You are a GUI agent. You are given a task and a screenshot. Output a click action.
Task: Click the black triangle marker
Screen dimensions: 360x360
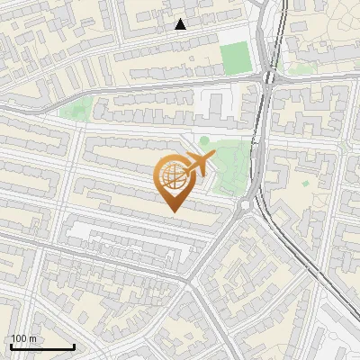pos(181,24)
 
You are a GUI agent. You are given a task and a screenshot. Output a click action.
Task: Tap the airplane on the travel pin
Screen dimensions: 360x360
pos(196,166)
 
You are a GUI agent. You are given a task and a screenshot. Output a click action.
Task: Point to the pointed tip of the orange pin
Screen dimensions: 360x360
pos(172,211)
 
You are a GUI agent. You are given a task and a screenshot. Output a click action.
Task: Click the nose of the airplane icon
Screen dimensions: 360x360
pos(213,156)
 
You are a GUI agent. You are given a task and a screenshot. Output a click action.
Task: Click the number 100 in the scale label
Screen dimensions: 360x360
pos(19,338)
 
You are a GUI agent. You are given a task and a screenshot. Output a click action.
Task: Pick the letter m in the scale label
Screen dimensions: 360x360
pos(33,338)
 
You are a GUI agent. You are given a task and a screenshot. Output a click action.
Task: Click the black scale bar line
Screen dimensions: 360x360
pos(41,346)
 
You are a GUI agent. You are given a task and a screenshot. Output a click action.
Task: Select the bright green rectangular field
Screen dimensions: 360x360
pos(235,58)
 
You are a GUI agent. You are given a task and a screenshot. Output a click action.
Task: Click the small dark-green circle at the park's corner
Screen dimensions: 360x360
pos(204,140)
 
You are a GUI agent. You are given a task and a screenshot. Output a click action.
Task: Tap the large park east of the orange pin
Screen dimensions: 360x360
pos(232,166)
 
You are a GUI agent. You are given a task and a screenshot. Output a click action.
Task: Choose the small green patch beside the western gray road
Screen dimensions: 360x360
pos(76,110)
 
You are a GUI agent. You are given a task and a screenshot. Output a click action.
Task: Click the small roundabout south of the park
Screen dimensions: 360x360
pos(244,204)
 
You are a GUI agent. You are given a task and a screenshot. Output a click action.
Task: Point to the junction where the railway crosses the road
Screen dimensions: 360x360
pos(267,78)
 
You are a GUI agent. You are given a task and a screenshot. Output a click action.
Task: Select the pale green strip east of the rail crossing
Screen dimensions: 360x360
pos(292,65)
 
